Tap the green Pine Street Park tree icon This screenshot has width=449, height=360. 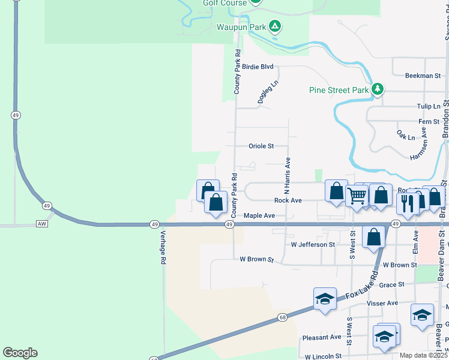[x=377, y=90]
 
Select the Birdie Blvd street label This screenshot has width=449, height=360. [x=258, y=67]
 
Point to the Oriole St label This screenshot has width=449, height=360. [x=261, y=146]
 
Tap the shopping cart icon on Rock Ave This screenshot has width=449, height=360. [x=357, y=195]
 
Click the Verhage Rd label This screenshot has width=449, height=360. [x=162, y=244]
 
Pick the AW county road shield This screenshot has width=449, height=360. [x=41, y=224]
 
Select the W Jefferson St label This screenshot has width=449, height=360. [x=312, y=245]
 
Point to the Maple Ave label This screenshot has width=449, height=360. [x=259, y=215]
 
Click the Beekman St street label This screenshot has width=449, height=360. [x=423, y=76]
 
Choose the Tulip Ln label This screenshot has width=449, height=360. [x=429, y=106]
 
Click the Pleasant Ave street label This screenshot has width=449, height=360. [x=322, y=337]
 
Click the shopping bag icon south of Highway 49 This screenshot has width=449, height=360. [x=373, y=236]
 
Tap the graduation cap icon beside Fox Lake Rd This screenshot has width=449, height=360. [x=325, y=298]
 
